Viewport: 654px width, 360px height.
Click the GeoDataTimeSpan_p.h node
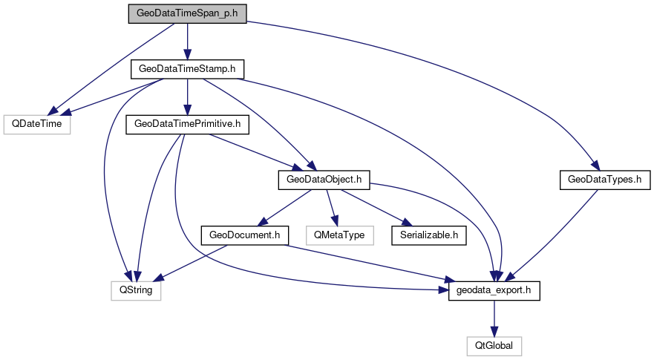187,14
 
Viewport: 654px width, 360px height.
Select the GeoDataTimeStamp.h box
187,69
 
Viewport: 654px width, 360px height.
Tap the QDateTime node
36,124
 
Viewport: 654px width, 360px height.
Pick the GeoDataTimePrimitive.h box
187,124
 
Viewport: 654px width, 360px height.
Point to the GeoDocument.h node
244,235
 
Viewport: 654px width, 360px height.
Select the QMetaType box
339,235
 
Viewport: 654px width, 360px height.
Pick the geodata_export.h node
494,290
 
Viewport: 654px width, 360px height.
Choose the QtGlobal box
494,345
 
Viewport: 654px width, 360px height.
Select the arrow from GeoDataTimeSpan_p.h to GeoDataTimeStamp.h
187,42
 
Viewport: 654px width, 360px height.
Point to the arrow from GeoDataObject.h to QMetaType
332,207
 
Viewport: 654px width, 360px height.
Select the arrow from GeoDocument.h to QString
190,263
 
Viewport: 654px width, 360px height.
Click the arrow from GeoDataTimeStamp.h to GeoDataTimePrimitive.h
187,96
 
